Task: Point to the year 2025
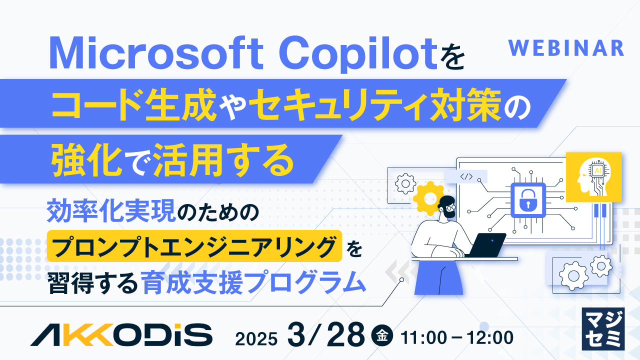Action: [x=256, y=338]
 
